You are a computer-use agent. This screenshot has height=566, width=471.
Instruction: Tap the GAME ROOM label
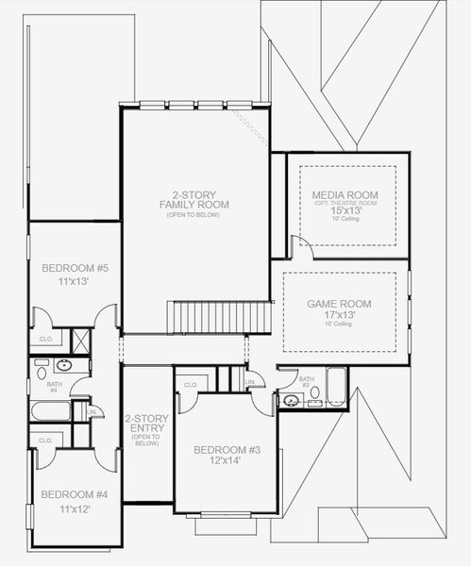coord(339,304)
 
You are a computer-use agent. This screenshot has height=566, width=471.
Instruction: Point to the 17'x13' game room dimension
coord(339,315)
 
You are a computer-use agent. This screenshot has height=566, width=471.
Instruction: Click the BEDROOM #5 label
coord(76,269)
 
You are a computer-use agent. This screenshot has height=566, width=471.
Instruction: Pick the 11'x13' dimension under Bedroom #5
coord(76,282)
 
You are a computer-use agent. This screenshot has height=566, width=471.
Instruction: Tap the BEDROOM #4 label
coord(75,494)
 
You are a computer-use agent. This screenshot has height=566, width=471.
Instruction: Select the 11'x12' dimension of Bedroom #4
coord(75,508)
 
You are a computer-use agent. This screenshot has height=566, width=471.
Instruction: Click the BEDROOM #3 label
coord(227,450)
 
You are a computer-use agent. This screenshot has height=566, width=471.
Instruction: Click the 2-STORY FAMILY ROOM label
coord(194,199)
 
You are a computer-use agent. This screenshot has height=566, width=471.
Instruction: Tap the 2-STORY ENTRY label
coord(146,424)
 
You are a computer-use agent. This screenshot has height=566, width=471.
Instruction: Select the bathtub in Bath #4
coord(50,411)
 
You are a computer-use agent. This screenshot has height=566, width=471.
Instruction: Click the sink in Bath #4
coord(64,365)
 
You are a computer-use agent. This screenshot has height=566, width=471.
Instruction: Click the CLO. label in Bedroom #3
coord(190,384)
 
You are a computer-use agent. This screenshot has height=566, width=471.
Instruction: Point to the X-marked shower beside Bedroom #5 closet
coord(80,341)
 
